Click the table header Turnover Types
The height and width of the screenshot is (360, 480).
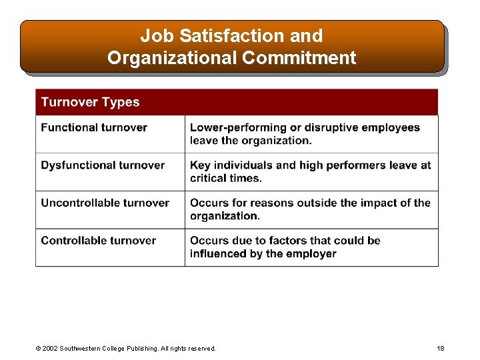(90, 102)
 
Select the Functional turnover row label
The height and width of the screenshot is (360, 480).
(94, 127)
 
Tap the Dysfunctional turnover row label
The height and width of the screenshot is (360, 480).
(103, 165)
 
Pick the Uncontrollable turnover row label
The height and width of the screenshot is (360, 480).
(105, 203)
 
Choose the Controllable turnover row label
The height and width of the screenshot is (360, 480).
(98, 241)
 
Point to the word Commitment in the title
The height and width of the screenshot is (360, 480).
(299, 58)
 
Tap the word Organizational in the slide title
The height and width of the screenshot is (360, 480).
(171, 58)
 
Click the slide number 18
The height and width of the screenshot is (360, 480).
(440, 349)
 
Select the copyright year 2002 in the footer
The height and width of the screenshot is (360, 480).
(49, 349)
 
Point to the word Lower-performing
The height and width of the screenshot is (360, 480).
(233, 127)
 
